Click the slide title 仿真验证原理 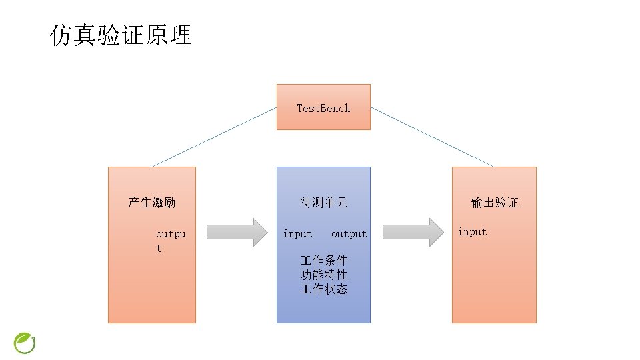click(121, 35)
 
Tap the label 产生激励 click(152, 202)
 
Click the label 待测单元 click(323, 202)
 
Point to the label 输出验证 click(494, 202)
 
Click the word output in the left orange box click(170, 240)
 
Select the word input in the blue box click(297, 233)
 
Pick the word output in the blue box click(349, 233)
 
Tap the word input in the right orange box click(472, 232)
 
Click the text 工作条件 click(323, 260)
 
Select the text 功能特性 click(323, 275)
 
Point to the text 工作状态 click(323, 289)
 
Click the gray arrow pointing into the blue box click(236, 232)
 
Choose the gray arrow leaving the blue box click(413, 232)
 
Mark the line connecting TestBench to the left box click(215, 137)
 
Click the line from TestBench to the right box click(432, 137)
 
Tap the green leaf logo click(25, 343)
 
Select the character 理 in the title click(180, 35)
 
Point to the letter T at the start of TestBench click(300, 108)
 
